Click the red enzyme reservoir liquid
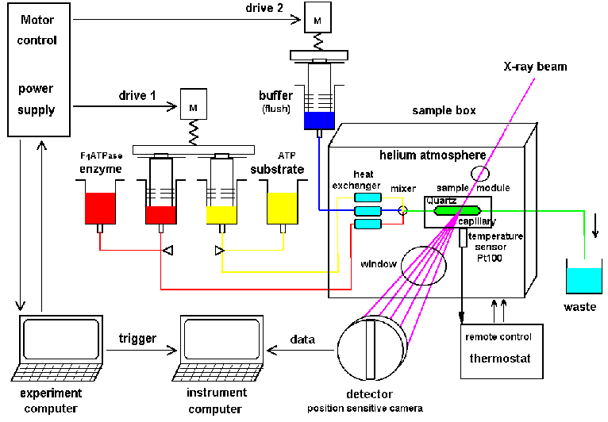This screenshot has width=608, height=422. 101,207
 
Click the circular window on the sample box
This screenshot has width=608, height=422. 423,264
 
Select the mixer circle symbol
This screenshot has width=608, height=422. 403,209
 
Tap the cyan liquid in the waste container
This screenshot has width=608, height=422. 583,280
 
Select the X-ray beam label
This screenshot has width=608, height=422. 536,67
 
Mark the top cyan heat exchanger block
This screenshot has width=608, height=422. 368,197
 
